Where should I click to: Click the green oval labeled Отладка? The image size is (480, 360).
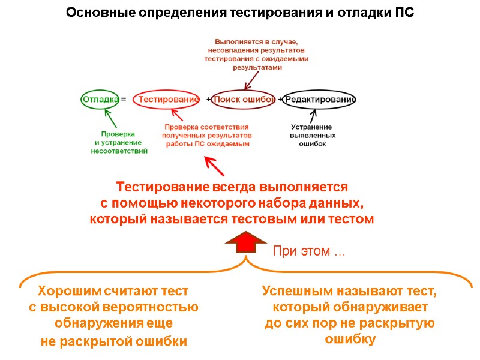pyautogui.click(x=100, y=99)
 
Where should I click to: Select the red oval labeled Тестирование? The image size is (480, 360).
pyautogui.click(x=166, y=99)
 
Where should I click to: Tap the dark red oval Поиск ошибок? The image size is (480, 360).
pyautogui.click(x=244, y=99)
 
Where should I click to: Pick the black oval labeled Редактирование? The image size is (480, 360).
pyautogui.click(x=320, y=99)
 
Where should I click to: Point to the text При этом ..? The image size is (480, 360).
pyautogui.click(x=308, y=251)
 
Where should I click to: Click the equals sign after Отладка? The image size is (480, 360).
pyautogui.click(x=123, y=99)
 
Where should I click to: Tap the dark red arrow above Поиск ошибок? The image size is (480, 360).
pyautogui.click(x=251, y=82)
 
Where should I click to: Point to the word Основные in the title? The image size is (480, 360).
pyautogui.click(x=92, y=13)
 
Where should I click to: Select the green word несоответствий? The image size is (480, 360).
pyautogui.click(x=119, y=151)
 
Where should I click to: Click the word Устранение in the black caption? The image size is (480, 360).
pyautogui.click(x=311, y=127)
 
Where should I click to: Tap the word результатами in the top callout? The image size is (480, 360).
pyautogui.click(x=257, y=68)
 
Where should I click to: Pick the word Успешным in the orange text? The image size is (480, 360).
pyautogui.click(x=295, y=292)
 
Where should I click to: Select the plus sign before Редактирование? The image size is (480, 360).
pyautogui.click(x=280, y=99)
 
